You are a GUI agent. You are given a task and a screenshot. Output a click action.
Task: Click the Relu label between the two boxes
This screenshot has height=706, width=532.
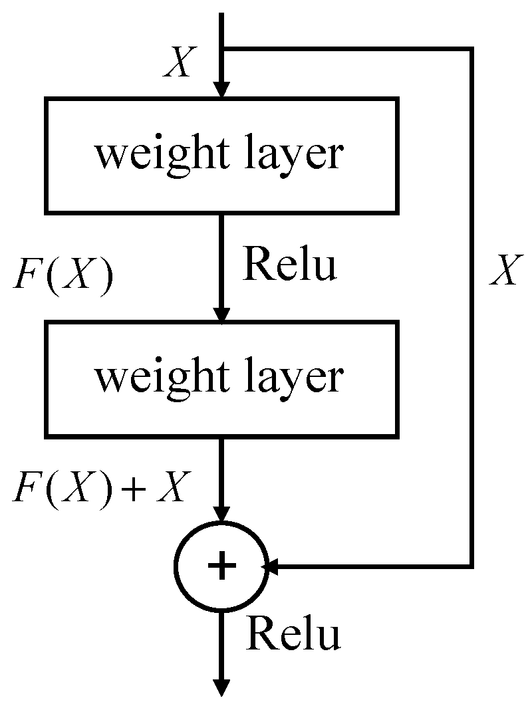coord(290,265)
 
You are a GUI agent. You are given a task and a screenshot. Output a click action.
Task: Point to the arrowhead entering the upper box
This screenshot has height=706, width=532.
coord(222,90)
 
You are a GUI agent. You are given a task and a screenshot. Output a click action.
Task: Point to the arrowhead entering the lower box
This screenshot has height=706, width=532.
coord(222,314)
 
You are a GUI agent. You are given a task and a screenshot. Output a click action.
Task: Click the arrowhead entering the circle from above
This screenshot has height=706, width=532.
coord(222,515)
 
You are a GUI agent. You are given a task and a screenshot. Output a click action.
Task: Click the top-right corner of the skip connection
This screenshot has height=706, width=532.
coord(471,49)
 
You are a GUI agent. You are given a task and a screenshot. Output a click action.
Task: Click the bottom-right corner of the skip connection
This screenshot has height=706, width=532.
coord(471,566)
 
